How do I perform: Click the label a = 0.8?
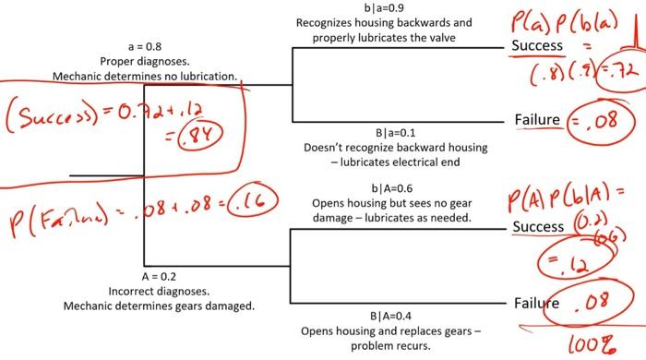coord(142,45)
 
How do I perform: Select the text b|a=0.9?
coord(384,8)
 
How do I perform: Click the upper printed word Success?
coord(537,45)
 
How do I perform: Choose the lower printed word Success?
coord(537,227)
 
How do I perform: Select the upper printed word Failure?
coord(537,120)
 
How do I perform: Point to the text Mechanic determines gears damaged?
coord(159,306)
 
